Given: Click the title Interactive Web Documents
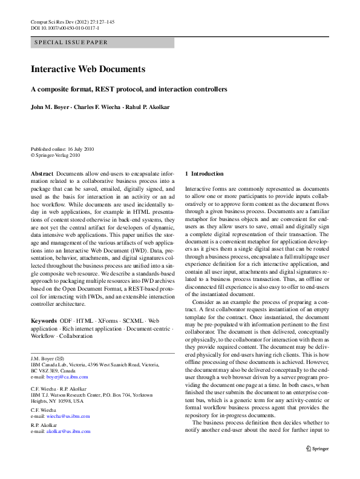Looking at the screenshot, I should pos(88,69).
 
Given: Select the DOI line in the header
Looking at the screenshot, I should pos(65,28).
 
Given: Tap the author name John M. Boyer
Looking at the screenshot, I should pos(51,107).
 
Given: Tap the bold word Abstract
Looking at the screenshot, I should pos(42,174).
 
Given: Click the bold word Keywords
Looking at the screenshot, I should pos(44,320).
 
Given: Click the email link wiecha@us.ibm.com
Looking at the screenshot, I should pos(68,416).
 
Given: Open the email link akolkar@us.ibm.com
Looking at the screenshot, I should pos(68,431).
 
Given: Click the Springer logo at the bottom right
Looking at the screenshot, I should pos(317,449).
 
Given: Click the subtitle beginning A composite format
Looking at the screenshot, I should pos(129,89).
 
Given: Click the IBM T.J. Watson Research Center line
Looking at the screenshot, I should pos(89,394).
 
